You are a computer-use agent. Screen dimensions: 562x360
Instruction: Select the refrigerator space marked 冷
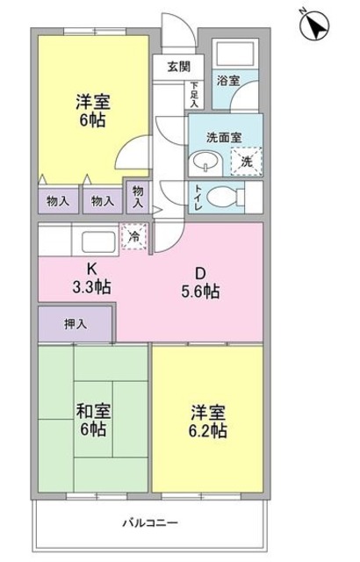click(134, 235)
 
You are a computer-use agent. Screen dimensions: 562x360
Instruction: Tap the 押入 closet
click(76, 324)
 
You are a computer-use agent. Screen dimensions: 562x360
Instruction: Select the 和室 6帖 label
click(91, 419)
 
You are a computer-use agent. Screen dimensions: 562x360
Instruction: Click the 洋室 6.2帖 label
click(207, 419)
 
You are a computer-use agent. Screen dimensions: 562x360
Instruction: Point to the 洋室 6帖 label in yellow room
click(90, 111)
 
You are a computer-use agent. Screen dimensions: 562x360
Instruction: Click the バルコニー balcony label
click(149, 522)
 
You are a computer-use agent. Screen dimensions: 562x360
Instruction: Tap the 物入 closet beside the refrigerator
click(138, 195)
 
